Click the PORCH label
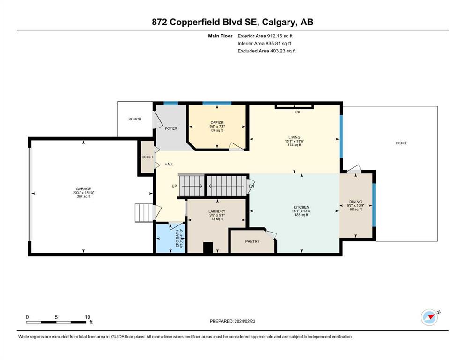tap(135, 119)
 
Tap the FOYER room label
tap(171, 128)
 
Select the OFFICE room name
tap(217, 122)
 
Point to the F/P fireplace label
tap(297, 112)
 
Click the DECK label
tap(401, 143)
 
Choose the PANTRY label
tap(252, 241)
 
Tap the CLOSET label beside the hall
tap(148, 157)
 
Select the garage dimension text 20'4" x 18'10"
tap(83, 193)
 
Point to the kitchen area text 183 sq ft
tap(301, 215)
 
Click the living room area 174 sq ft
tap(295, 145)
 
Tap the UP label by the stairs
tap(174, 186)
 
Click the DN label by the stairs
tap(251, 186)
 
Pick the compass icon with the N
tap(430, 317)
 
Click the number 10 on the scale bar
tap(87, 317)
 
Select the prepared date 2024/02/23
tap(245, 321)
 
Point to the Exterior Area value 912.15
tap(274, 36)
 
